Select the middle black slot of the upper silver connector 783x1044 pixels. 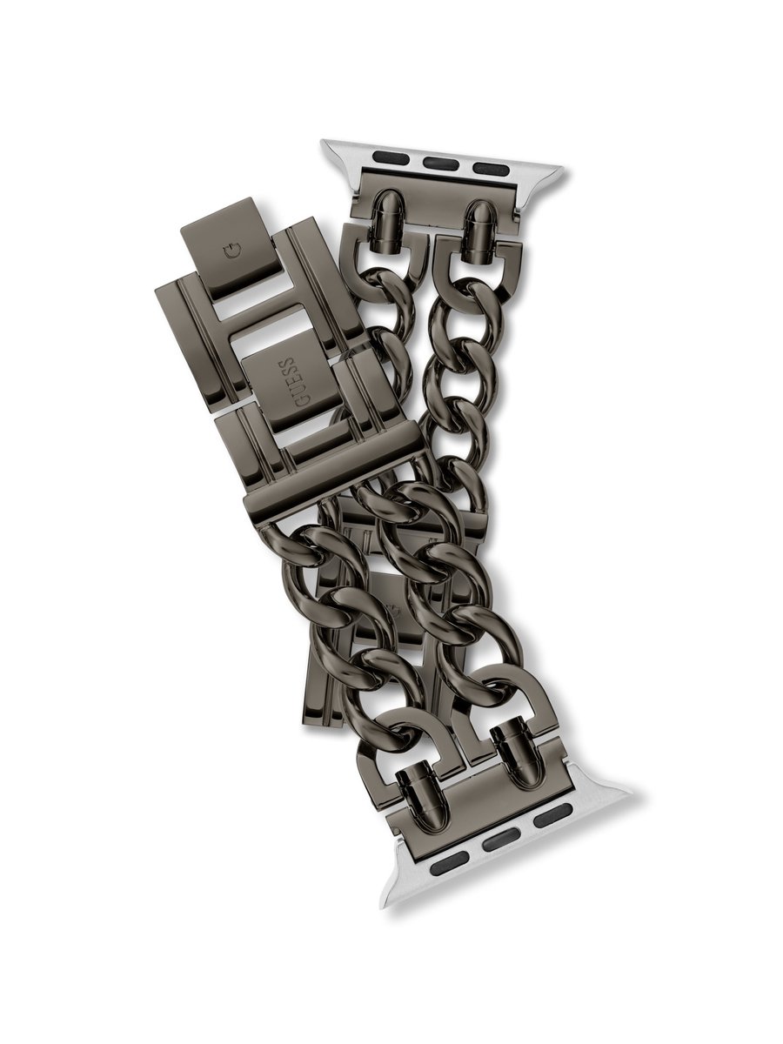pos(437,164)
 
